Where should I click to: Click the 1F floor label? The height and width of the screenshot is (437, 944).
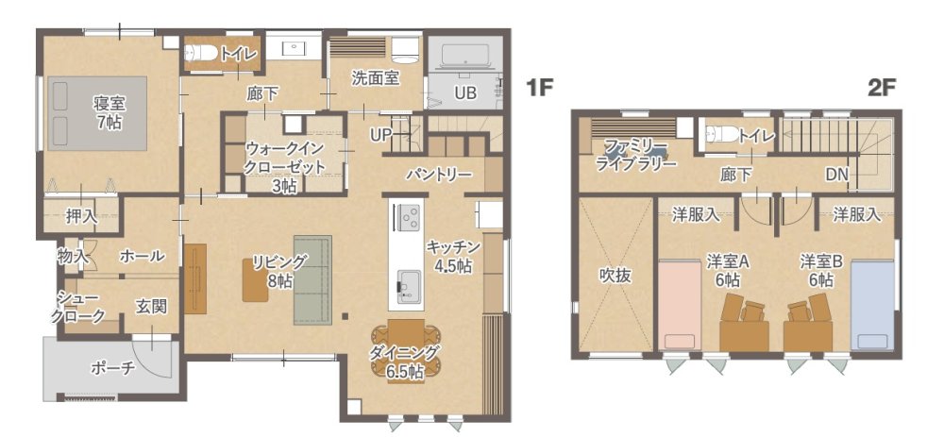click(539, 89)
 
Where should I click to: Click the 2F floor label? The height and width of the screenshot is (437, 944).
click(883, 89)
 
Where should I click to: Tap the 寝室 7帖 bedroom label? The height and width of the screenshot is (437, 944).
click(109, 112)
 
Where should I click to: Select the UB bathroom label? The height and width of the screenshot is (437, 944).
click(465, 93)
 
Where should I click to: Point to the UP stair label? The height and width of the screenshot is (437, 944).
click(381, 135)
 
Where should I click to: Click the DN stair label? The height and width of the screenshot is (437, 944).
click(836, 175)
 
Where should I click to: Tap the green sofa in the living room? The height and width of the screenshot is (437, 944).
click(312, 280)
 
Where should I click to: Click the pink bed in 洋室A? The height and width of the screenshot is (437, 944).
click(680, 304)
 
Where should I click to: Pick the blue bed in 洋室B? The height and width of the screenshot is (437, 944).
click(872, 304)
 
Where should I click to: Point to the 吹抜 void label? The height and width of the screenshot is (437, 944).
click(615, 275)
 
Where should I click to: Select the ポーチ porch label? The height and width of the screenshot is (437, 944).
click(113, 368)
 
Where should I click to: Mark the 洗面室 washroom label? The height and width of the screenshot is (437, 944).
click(376, 78)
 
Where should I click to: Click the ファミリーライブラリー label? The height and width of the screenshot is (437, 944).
click(635, 154)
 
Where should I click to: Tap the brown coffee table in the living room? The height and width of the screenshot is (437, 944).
click(255, 280)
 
